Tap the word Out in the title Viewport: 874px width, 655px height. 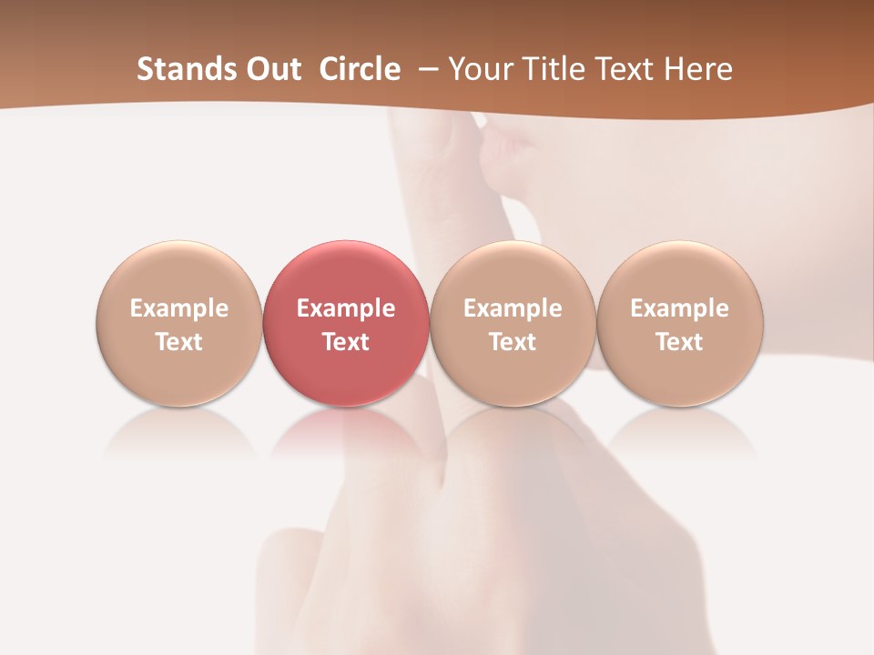271,69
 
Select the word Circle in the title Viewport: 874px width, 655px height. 360,69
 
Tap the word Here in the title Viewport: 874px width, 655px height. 697,69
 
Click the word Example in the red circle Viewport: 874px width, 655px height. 346,308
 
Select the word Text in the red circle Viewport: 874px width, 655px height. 346,342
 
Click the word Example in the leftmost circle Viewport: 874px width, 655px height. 179,308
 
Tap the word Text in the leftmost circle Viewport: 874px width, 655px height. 179,342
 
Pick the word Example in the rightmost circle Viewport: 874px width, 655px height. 680,308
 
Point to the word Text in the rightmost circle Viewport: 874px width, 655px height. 680,342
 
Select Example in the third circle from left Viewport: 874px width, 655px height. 513,308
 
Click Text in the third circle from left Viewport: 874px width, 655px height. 513,342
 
